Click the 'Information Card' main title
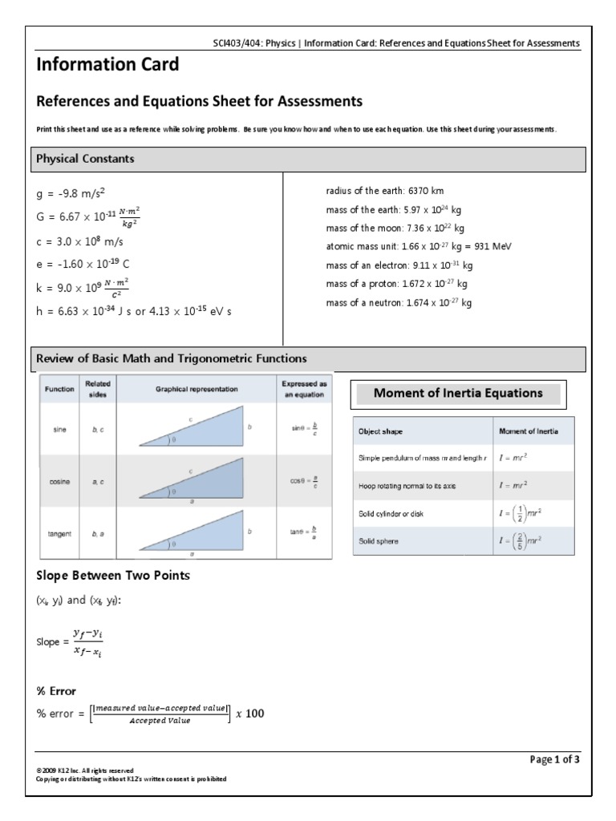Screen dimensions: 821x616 107,65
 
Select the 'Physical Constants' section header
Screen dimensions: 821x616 85,159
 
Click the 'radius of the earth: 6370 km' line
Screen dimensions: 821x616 385,191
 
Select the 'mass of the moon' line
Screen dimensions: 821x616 395,229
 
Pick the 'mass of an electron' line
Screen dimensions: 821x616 399,265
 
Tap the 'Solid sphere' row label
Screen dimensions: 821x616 378,541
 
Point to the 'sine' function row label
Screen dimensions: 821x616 59,430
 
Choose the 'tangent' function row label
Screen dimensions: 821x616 59,532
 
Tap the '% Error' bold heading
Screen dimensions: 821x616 57,690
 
